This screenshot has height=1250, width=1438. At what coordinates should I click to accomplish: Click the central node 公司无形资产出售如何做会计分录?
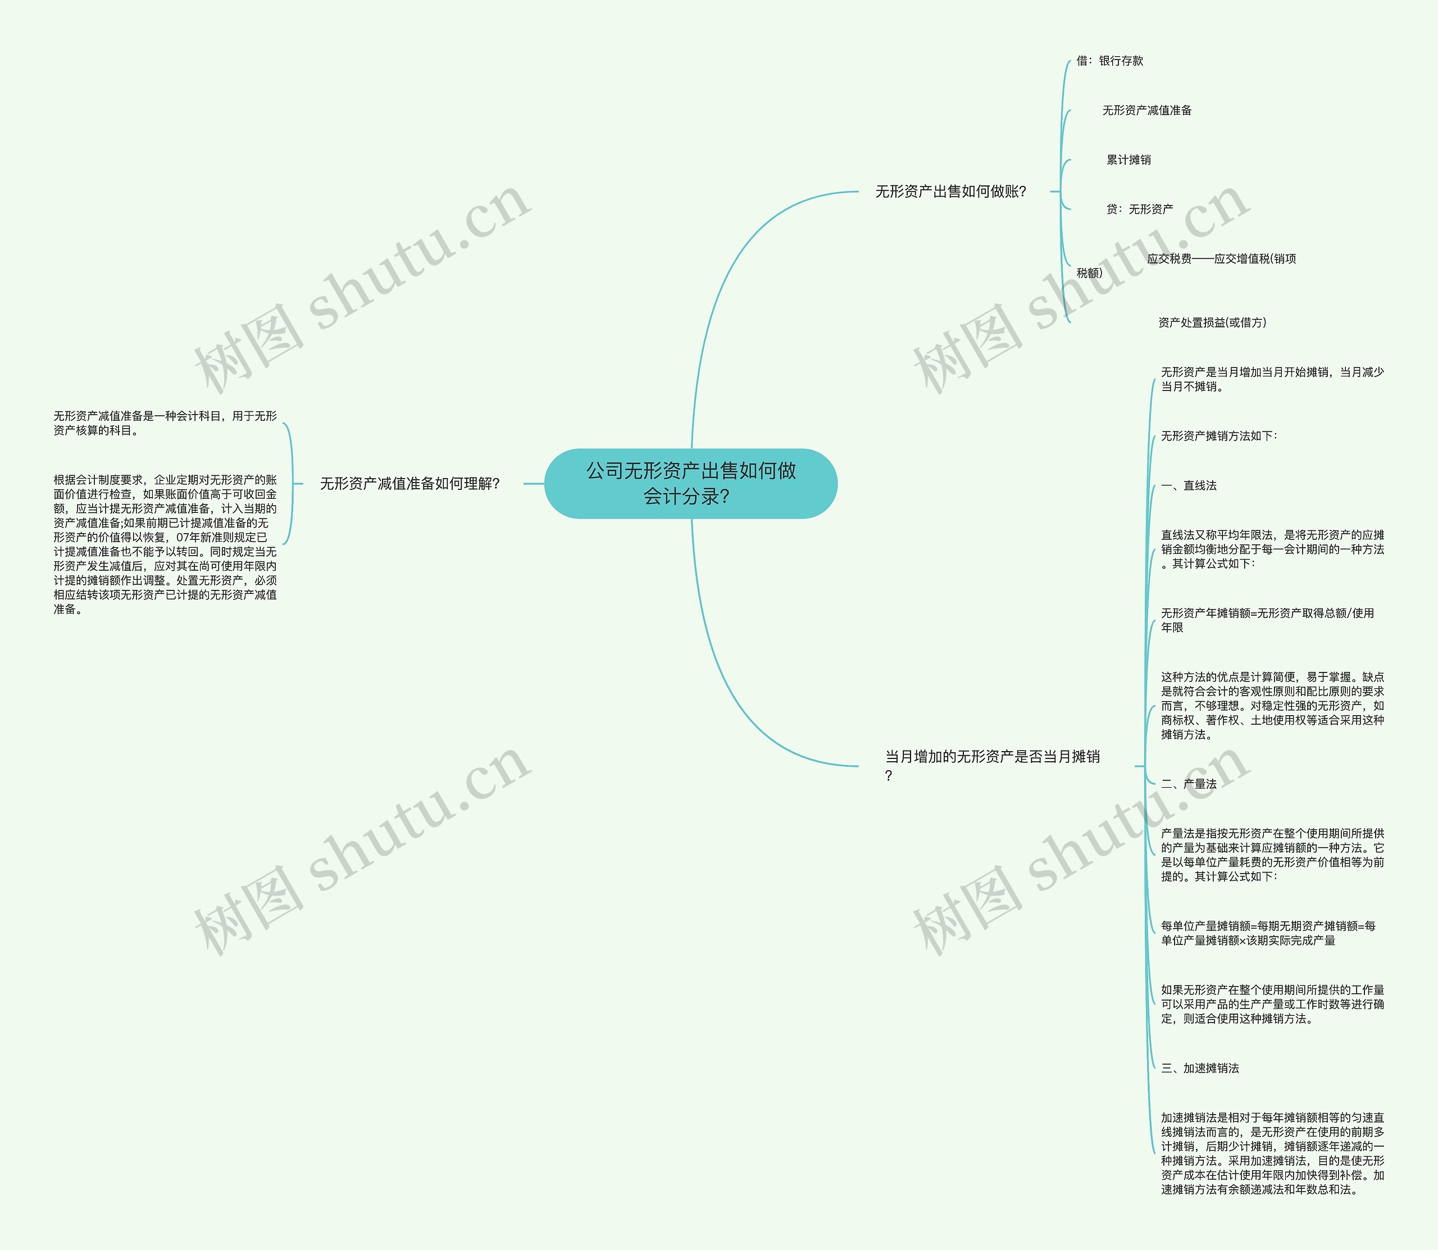(690, 483)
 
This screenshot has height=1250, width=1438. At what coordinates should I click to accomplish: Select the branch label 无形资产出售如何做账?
(950, 191)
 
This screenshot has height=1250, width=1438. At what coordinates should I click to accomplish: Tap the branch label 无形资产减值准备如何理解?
(409, 483)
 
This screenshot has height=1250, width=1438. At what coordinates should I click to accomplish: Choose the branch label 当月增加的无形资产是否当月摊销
(991, 757)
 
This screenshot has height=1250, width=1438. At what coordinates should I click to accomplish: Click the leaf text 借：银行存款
(1109, 61)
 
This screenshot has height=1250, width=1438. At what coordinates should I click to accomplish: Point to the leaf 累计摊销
(1128, 160)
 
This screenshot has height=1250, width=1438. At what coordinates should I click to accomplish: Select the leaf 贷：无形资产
(1140, 209)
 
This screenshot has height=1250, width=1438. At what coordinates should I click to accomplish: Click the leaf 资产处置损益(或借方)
(1212, 322)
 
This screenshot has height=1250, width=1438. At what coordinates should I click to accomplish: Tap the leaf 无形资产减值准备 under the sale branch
(1146, 110)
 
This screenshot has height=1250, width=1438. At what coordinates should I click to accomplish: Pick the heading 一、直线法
(1189, 485)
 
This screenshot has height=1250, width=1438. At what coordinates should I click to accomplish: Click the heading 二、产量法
(1189, 784)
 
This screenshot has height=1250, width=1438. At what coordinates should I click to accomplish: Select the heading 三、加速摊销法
(1199, 1068)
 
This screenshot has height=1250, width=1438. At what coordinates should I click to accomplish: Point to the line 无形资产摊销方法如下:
(1218, 436)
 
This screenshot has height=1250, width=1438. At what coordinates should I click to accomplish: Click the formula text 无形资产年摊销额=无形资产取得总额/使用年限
(1267, 620)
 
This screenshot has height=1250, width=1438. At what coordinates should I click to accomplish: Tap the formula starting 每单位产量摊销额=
(1268, 933)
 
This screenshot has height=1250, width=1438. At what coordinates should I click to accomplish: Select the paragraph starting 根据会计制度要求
(165, 544)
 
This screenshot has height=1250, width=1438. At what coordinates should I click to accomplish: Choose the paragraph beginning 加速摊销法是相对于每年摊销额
(1272, 1154)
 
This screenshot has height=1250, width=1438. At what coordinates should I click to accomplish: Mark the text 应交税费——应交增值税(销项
(1221, 259)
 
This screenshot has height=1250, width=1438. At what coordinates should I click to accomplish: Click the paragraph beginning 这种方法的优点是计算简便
(1272, 705)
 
